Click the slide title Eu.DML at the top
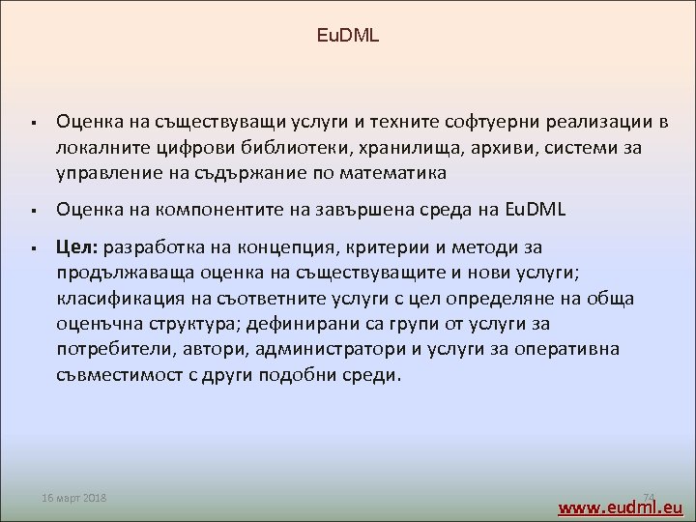coord(348,37)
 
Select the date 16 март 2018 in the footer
coord(75,498)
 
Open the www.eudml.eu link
coord(622,507)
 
